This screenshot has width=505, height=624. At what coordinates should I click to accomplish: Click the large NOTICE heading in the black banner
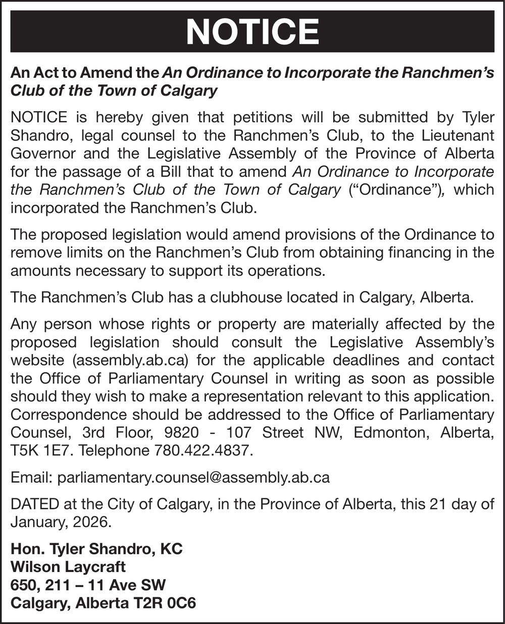pyautogui.click(x=252, y=32)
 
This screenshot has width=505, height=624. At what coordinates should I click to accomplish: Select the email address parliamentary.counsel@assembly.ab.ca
pyautogui.click(x=194, y=478)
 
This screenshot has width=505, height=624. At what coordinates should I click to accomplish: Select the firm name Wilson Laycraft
pyautogui.click(x=68, y=567)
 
